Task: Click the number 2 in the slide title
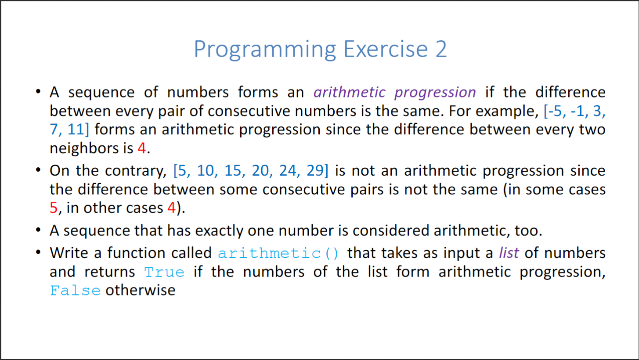coord(441,49)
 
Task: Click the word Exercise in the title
coord(386,49)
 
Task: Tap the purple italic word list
coord(509,253)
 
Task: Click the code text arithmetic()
coord(278,253)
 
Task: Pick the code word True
coord(164,272)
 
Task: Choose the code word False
coord(75,291)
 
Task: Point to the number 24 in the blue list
coord(288,171)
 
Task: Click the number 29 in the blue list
coord(315,171)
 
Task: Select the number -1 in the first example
coord(577,111)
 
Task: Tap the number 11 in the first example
coord(76,130)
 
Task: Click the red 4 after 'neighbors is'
coord(142,148)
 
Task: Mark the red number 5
coord(54,208)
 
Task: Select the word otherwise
coord(141,290)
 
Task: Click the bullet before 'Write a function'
coord(38,252)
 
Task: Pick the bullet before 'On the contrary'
coord(38,170)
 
